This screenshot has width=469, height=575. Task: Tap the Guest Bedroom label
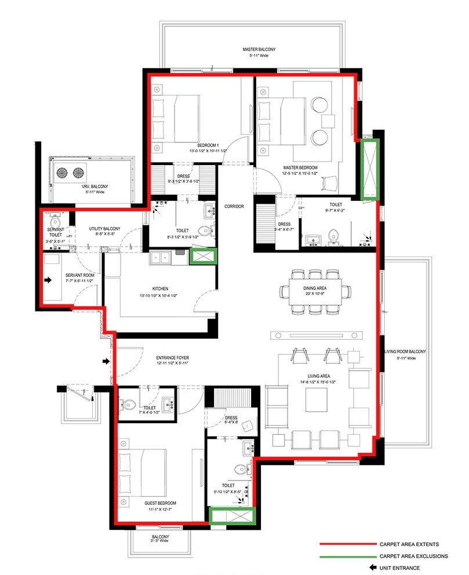tap(161, 503)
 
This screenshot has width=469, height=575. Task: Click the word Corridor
tap(234, 206)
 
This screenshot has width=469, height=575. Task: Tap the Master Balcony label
tap(259, 50)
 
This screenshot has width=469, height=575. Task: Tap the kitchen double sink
tap(159, 257)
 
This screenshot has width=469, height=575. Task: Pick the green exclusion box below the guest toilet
tap(232, 516)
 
